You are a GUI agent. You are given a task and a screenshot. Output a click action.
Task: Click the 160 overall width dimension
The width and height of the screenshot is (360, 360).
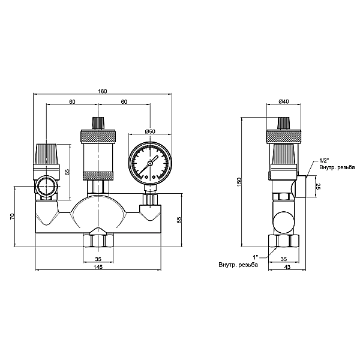tap(103, 91)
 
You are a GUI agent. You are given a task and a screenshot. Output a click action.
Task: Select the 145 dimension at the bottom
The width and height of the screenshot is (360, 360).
tap(98, 267)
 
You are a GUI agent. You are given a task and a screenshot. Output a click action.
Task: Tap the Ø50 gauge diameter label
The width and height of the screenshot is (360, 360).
tap(150, 131)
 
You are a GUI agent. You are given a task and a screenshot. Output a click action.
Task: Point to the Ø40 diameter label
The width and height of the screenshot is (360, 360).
tap(284, 101)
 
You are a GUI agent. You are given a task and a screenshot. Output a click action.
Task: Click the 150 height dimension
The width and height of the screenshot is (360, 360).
tap(239, 182)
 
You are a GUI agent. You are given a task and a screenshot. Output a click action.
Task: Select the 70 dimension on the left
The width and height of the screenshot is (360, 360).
tap(13, 216)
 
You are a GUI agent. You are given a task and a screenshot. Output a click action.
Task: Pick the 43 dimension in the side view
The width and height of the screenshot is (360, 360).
tap(287, 267)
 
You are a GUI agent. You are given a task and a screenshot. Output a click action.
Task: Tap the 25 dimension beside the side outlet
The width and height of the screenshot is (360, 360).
tap(319, 186)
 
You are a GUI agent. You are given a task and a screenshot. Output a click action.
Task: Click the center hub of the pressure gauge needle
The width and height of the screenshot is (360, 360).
tap(150, 163)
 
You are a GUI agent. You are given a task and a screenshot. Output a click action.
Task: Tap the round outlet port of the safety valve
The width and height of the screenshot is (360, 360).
tap(46, 186)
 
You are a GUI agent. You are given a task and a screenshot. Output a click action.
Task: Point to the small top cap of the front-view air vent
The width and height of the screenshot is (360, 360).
tap(98, 123)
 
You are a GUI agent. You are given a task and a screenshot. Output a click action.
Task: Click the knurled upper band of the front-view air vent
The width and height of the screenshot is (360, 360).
tap(98, 137)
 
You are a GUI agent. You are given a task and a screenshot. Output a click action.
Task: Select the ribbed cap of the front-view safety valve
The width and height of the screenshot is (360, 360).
tap(46, 154)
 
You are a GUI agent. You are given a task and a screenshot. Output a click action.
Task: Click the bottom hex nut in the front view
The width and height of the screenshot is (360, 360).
tap(98, 241)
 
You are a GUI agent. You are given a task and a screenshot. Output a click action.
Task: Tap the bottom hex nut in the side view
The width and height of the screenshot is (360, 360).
tap(284, 241)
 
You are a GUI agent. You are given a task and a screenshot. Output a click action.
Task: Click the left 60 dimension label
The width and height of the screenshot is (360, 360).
tap(73, 102)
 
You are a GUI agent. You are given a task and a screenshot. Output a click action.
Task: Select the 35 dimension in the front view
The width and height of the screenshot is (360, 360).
tap(98, 259)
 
